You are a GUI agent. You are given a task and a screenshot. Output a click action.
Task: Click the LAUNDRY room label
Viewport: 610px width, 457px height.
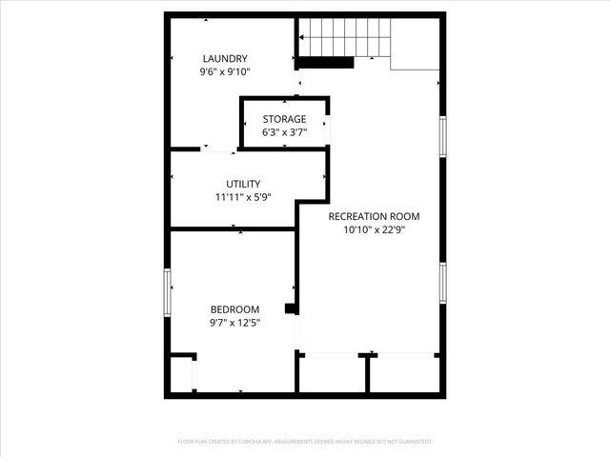coord(225,59)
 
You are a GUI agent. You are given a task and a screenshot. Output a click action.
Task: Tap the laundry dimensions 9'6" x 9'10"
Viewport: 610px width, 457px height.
coord(225,71)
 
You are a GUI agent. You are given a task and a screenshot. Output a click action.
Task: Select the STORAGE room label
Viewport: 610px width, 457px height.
coord(285,119)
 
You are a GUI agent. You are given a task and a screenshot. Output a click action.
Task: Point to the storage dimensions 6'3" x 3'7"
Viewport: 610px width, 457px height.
coord(285,132)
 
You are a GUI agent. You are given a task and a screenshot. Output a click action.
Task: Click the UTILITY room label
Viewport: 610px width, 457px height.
coord(243,184)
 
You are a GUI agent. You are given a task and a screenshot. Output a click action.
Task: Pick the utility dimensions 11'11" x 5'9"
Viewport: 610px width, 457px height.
coord(243,197)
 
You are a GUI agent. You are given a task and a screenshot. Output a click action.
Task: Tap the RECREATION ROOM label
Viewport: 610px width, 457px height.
coord(374,216)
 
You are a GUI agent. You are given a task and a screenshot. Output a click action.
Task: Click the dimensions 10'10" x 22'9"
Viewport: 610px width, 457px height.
coord(374,229)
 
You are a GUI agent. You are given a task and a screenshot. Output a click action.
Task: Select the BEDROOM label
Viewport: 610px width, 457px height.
coord(234,309)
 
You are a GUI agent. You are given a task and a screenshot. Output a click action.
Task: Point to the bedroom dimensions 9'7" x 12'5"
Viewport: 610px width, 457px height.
coord(234,323)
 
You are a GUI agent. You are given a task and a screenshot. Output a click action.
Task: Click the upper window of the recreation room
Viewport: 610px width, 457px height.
coord(442,135)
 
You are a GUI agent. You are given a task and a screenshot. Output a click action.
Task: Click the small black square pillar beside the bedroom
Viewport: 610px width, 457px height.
coord(291,308)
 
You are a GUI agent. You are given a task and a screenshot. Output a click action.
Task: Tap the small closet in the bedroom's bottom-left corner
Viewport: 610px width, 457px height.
coord(181,373)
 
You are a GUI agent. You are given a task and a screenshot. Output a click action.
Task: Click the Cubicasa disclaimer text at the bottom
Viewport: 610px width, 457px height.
coord(305,442)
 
